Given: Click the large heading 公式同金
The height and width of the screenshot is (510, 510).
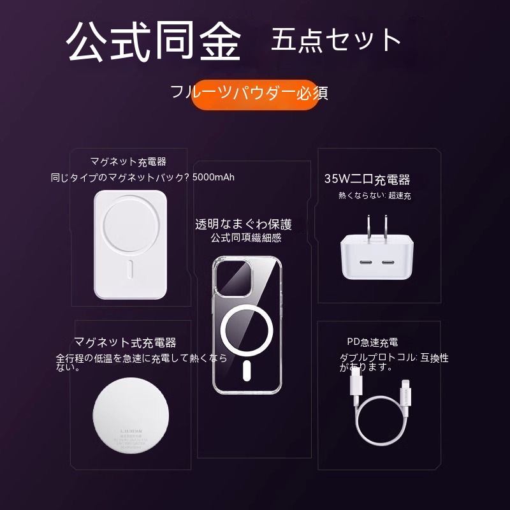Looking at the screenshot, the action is (x=154, y=41).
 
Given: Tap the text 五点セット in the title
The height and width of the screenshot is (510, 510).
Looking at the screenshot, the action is (x=336, y=40).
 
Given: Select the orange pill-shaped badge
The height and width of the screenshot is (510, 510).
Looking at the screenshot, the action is (x=254, y=94).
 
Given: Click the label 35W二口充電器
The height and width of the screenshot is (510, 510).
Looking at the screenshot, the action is (x=367, y=179).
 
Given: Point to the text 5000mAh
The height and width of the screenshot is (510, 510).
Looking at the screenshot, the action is (x=214, y=177).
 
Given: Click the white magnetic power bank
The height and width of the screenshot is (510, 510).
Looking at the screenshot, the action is (x=131, y=245).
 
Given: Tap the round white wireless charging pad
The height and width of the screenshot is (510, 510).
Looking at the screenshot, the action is (x=131, y=416).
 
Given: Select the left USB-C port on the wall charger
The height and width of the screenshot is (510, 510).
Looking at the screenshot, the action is (x=365, y=262).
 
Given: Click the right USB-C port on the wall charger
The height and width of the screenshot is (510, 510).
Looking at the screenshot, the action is (x=388, y=262).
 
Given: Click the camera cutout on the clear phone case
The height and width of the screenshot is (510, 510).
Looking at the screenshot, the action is (x=234, y=277).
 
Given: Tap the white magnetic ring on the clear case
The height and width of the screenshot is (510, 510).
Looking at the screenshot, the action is (x=247, y=330).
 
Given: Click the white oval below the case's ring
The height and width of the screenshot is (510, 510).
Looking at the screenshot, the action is (x=247, y=370).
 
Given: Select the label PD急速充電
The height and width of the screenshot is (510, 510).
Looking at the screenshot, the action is (x=372, y=342).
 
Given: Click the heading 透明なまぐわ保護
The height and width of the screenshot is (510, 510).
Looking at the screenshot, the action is (x=244, y=224).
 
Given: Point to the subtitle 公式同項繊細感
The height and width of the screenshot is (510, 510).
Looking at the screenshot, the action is (x=246, y=238).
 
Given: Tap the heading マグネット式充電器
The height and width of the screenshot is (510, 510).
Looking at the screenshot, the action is (x=125, y=342).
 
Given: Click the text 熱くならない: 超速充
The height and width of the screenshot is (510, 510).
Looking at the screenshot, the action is (x=375, y=196).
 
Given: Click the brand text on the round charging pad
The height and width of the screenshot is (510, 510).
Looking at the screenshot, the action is (x=131, y=432).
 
